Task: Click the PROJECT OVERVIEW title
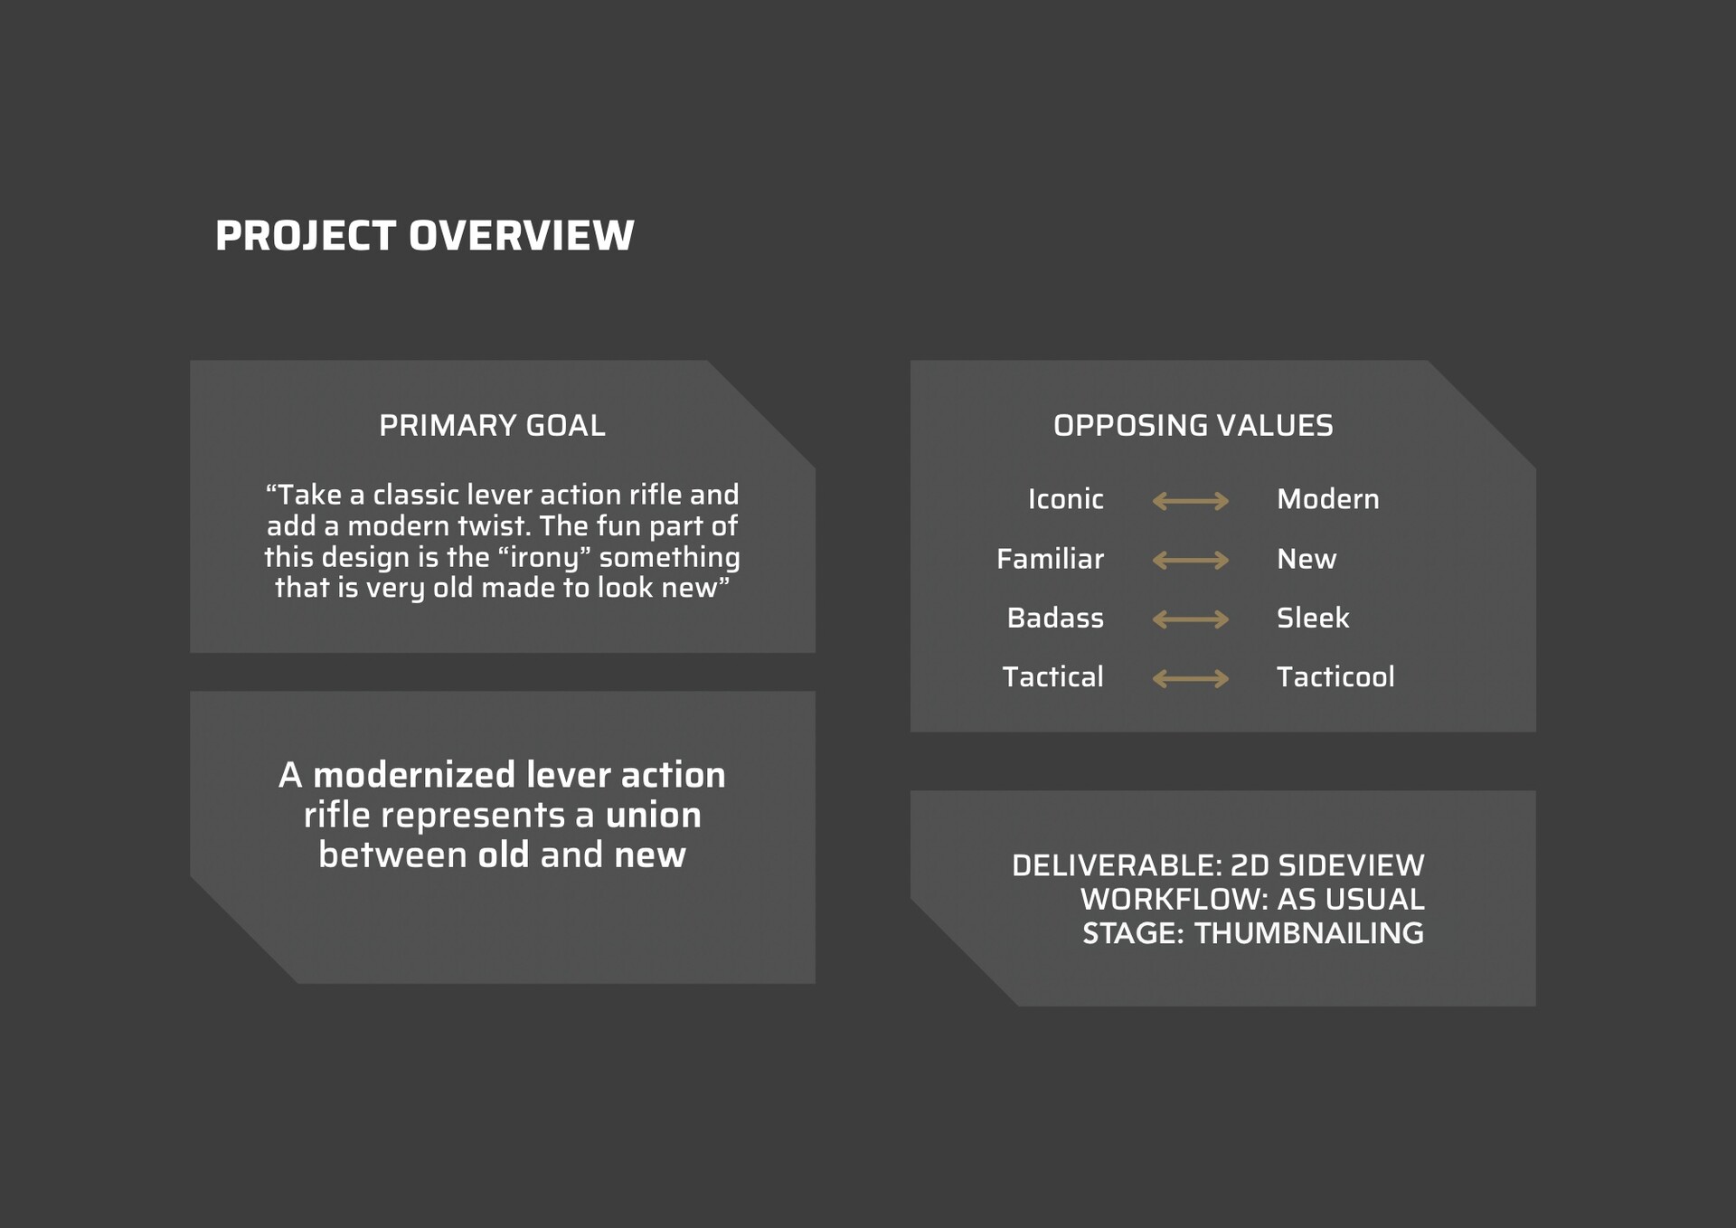[x=425, y=236]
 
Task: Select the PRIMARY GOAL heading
[x=492, y=425]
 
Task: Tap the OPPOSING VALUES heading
[x=1193, y=425]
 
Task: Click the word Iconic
[x=1066, y=499]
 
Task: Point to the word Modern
[x=1328, y=499]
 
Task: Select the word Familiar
[x=1050, y=559]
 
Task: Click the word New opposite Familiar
[x=1307, y=559]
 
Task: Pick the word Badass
[x=1055, y=618]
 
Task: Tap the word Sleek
[x=1313, y=618]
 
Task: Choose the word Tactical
[x=1052, y=676]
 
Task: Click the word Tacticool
[x=1335, y=676]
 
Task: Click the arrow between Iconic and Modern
[x=1191, y=501]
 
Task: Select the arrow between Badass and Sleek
[x=1191, y=619]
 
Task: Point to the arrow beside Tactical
[x=1191, y=678]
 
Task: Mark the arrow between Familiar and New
[x=1191, y=561]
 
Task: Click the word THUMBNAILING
[x=1309, y=933]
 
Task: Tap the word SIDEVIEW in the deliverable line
[x=1351, y=865]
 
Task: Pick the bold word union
[x=653, y=816]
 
